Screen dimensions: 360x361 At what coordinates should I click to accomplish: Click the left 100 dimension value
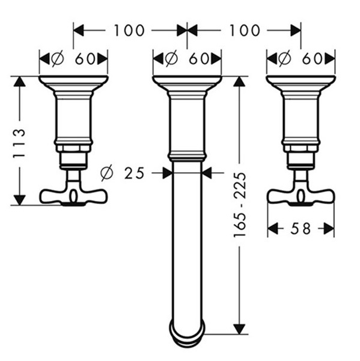pos(129,31)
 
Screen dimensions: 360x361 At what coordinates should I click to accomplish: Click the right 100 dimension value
pos(245,31)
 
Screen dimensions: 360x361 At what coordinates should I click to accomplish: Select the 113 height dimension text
pos(19,143)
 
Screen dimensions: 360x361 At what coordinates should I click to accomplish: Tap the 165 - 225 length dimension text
pos(240,205)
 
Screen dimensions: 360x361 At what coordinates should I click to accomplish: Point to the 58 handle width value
pos(301,229)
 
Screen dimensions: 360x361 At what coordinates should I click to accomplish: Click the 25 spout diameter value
pos(134,173)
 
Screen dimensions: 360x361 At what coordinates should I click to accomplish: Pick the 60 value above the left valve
pos(85,59)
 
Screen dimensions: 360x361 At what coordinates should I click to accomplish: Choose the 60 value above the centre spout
pos(199,59)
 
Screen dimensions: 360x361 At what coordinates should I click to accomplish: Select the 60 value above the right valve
pos(312,59)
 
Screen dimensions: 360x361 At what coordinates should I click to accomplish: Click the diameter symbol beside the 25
pos(106,173)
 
